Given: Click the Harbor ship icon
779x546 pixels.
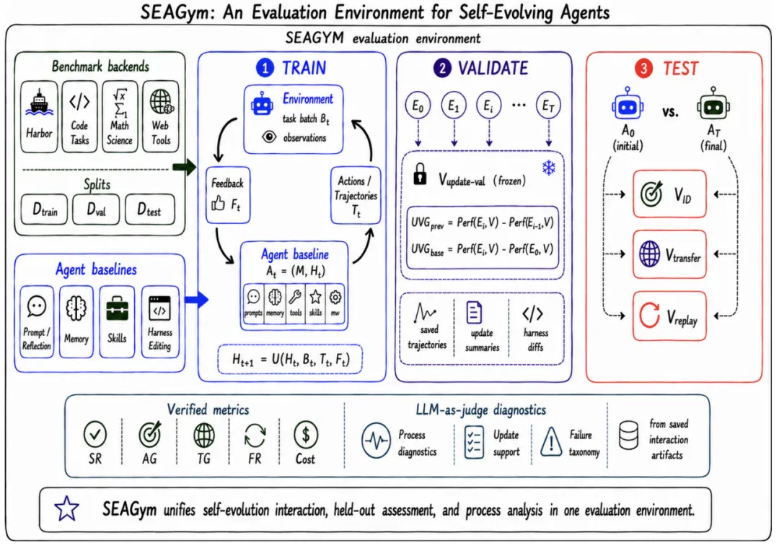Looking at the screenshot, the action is (39, 103).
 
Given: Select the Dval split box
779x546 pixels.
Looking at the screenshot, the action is (96, 209).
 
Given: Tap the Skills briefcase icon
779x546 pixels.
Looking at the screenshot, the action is (118, 308).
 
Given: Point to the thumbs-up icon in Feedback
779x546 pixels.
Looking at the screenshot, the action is (218, 203).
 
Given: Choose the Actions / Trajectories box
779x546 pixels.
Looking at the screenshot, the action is (355, 195).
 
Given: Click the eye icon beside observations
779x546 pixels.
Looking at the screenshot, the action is (269, 136).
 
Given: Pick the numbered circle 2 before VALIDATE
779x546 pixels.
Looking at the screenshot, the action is (441, 68).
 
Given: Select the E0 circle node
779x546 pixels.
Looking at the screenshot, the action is (418, 105).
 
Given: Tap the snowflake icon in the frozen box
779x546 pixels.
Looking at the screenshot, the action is (548, 168).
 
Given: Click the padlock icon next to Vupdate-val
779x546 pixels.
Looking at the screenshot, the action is (420, 174).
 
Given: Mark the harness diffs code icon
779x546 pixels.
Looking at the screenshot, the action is (532, 313).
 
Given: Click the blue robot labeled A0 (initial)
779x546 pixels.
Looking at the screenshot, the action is (628, 104).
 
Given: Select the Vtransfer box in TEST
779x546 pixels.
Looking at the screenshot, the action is (669, 254).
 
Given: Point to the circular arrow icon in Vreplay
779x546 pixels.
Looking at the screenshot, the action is (649, 316).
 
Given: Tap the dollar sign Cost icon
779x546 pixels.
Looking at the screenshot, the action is (306, 435).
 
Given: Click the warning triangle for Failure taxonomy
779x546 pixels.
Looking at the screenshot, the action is (551, 441).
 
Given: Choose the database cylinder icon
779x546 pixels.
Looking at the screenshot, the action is (628, 435).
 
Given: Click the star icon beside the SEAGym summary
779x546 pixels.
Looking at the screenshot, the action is (66, 508).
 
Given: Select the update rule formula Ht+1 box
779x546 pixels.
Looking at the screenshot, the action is (291, 360).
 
